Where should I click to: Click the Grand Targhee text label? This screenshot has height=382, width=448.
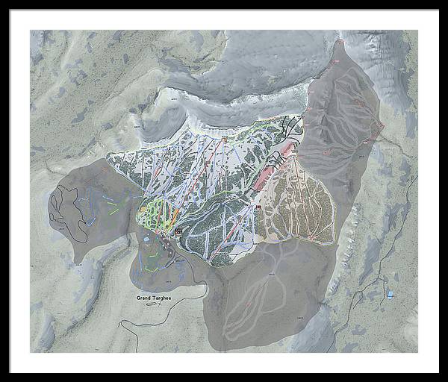153,297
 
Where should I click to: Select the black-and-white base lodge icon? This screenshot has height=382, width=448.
178,232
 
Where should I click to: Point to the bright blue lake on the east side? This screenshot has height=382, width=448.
390,295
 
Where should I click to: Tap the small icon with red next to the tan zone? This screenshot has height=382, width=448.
258,208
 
